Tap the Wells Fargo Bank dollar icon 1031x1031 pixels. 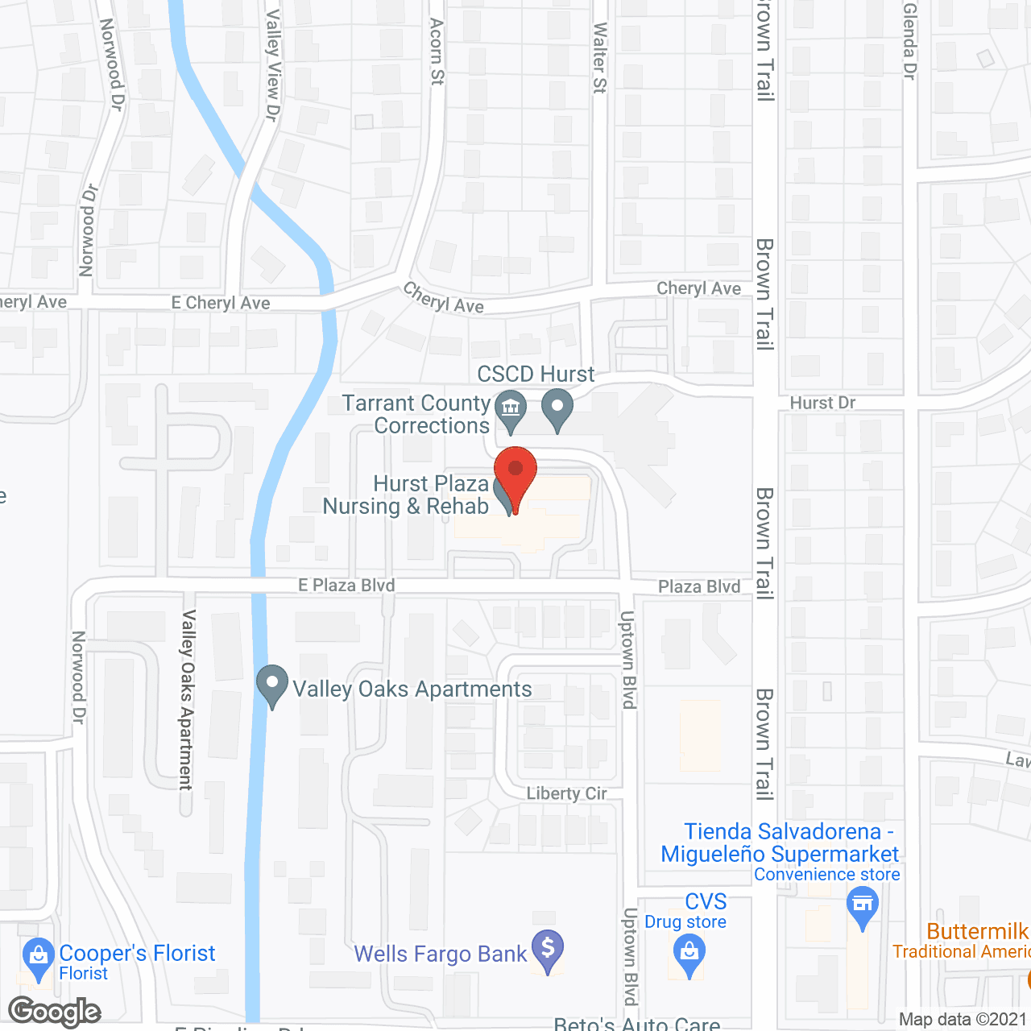click(x=548, y=950)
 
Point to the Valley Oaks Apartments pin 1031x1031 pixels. click(x=272, y=685)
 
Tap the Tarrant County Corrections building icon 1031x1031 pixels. click(x=510, y=408)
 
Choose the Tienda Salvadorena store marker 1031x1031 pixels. click(x=863, y=906)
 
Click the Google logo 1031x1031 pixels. click(x=55, y=1011)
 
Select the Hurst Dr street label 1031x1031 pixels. click(x=822, y=403)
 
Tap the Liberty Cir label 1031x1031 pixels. click(x=566, y=793)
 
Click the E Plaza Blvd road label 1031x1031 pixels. click(x=346, y=586)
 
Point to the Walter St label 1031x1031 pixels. click(x=599, y=58)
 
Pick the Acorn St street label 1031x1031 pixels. click(x=437, y=52)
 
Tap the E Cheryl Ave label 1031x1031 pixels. click(x=221, y=303)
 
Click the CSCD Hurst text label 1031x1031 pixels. click(x=536, y=375)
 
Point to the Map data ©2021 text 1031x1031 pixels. click(x=963, y=1020)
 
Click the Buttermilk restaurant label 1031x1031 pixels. click(x=977, y=932)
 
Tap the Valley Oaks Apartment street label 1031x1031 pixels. click(x=187, y=699)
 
